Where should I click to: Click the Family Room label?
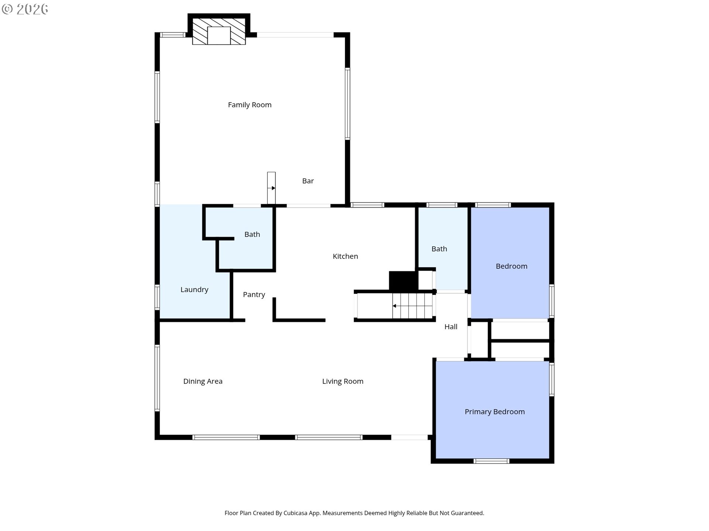tap(250, 105)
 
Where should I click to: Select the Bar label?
tap(308, 181)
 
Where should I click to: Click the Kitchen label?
tap(345, 256)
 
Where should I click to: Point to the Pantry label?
tap(254, 295)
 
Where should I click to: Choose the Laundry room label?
tap(194, 290)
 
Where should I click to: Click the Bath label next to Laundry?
tap(252, 235)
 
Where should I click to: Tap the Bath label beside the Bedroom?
tap(439, 249)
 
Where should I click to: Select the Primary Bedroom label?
tap(495, 412)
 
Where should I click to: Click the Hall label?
tap(451, 327)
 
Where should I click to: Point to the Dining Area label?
tap(203, 381)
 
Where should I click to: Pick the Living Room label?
tap(343, 381)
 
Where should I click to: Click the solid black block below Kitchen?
tap(403, 281)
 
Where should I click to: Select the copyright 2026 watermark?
tap(25, 9)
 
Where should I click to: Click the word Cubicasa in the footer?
tap(295, 513)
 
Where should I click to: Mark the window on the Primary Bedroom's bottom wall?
tap(491, 461)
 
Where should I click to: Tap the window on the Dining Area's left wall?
tap(157, 378)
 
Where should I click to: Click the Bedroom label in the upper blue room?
tap(511, 266)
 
